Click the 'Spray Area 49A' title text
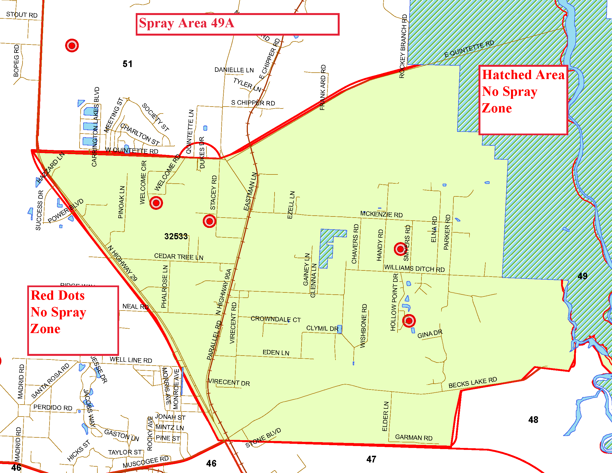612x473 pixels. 186,23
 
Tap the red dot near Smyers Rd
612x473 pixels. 400,249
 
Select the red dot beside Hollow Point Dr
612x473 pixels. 409,321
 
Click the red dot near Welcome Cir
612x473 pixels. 156,203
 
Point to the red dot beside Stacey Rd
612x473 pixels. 209,221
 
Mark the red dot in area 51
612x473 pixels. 72,45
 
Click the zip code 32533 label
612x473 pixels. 176,237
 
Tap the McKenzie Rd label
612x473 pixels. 381,214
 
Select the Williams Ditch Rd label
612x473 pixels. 414,268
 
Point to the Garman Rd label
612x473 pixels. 414,437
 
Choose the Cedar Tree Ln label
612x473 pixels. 179,257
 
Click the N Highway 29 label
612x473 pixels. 123,263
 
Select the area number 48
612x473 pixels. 533,420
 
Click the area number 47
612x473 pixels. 371,459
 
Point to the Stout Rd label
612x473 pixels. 22,14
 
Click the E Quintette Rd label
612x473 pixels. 469,49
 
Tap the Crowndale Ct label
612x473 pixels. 276,319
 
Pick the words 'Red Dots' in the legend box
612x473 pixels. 58,295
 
